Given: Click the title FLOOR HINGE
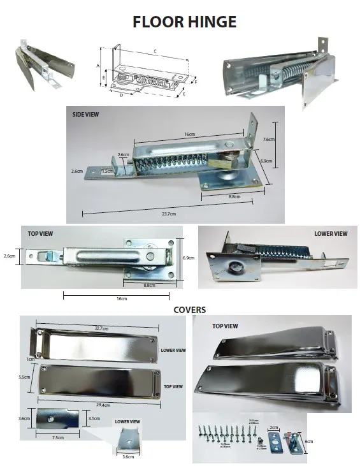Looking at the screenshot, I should (x=184, y=21).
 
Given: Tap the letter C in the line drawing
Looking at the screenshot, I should (x=156, y=50).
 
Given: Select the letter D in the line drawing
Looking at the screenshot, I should (x=121, y=94).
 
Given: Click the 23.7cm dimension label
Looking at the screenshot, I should (x=169, y=213).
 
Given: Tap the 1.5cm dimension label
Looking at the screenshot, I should (x=109, y=171).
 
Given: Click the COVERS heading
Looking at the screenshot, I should (x=189, y=310).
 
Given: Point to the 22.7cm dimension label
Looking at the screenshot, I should (x=99, y=328).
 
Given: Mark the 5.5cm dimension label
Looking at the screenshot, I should (x=25, y=377).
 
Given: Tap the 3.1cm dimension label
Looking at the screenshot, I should (x=93, y=418).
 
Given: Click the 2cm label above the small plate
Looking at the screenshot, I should (x=274, y=428).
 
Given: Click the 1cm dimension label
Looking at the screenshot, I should (x=30, y=359).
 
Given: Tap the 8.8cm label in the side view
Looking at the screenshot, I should (x=234, y=197).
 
